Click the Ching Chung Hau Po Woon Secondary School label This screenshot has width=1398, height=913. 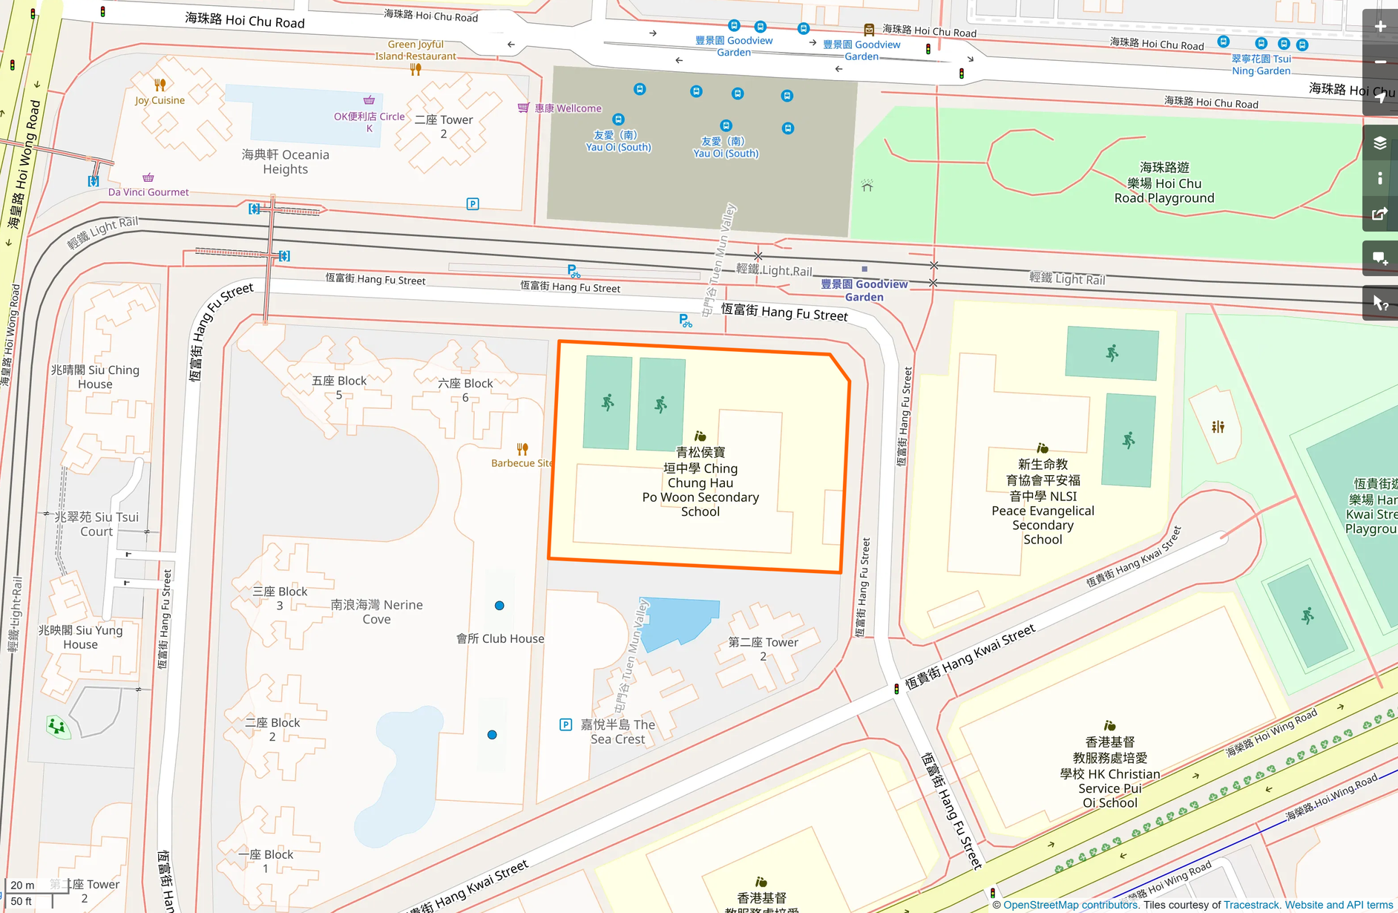[x=700, y=482]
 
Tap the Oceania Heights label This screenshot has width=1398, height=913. [x=286, y=162]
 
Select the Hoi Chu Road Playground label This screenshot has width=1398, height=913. [x=1164, y=183]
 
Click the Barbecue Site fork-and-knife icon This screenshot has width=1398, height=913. [x=522, y=449]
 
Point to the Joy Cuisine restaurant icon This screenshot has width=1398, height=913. [x=160, y=85]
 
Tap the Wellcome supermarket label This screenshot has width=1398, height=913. [x=568, y=108]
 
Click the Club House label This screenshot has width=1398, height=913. [x=500, y=638]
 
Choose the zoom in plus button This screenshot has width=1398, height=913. [x=1380, y=27]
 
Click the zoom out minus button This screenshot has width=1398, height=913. [x=1380, y=62]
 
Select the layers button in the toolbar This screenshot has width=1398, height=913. [x=1380, y=143]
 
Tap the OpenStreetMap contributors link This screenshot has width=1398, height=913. [x=1071, y=905]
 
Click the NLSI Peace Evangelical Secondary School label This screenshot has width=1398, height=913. [x=1043, y=502]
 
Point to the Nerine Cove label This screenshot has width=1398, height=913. [x=377, y=612]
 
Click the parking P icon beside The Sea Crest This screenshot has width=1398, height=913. [x=565, y=724]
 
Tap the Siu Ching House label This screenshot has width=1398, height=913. [x=95, y=377]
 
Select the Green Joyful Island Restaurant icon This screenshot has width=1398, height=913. [x=416, y=70]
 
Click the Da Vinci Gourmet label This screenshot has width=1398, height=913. [x=148, y=192]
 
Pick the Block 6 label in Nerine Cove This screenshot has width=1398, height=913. [x=465, y=390]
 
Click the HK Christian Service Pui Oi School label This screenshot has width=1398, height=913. [x=1110, y=772]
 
